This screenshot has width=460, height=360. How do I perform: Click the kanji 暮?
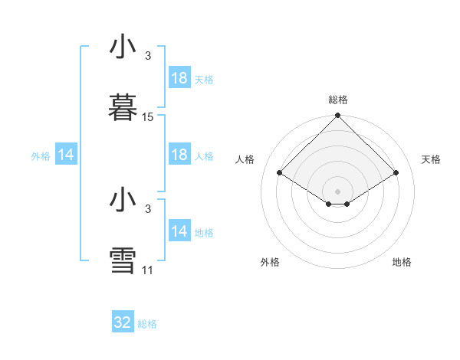[x=123, y=106]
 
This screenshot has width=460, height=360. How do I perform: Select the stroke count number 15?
[x=148, y=117]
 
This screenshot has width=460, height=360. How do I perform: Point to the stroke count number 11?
[x=148, y=270]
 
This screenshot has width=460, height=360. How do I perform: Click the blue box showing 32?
[x=123, y=322]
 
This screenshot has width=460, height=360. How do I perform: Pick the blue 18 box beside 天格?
[x=179, y=78]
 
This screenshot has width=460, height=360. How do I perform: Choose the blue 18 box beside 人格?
[x=179, y=155]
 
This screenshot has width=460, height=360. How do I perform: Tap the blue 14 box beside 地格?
[x=179, y=231]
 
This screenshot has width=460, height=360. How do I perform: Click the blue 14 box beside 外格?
[x=66, y=155]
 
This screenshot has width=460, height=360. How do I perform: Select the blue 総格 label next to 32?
[x=147, y=324]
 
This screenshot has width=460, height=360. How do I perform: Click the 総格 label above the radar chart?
[x=338, y=100]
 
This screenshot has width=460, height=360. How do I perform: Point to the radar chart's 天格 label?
[x=431, y=159]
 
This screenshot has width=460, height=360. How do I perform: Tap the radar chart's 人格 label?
[x=245, y=159]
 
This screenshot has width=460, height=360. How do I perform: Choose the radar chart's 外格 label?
[x=270, y=262]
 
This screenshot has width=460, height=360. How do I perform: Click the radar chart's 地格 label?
[x=402, y=262]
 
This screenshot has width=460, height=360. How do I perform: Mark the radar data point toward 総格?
[x=337, y=116]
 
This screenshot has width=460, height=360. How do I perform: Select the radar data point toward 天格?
[x=396, y=173]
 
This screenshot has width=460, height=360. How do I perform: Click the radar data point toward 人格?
[x=280, y=173]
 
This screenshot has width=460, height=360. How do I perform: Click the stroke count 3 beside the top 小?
[x=148, y=55]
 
